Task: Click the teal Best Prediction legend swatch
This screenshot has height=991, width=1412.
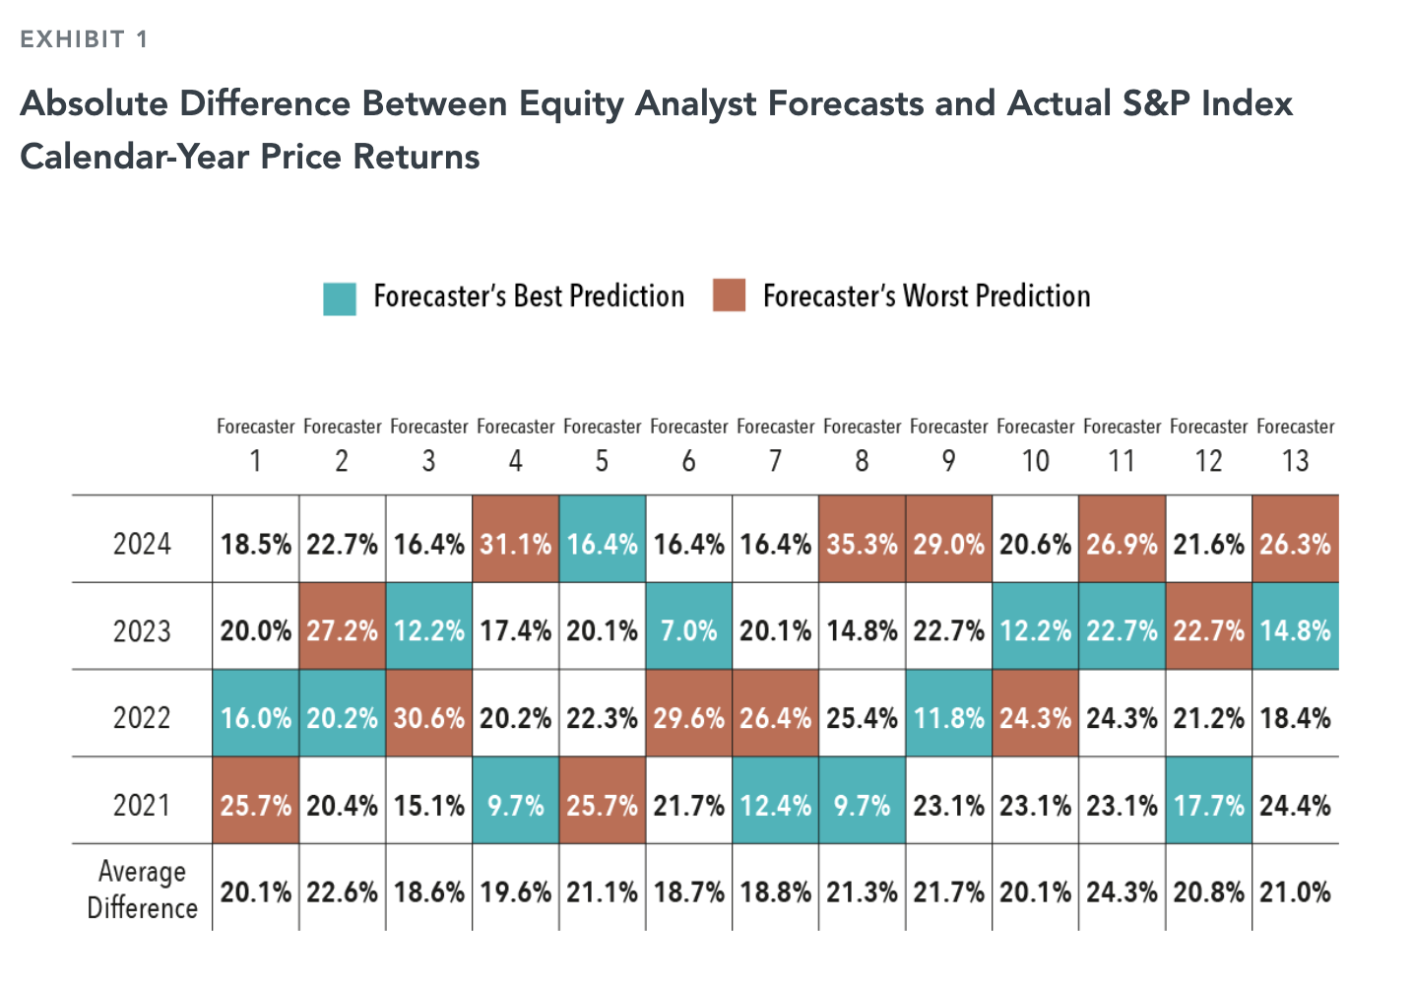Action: tap(340, 298)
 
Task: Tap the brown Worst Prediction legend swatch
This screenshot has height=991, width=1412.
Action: tap(730, 296)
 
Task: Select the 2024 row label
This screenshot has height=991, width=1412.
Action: tap(142, 544)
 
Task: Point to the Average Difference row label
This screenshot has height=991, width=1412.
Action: tap(142, 890)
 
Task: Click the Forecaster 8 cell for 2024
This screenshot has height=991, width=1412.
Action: tap(862, 544)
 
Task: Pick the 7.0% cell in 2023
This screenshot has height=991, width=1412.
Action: tap(688, 630)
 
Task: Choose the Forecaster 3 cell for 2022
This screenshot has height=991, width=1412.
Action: tap(428, 717)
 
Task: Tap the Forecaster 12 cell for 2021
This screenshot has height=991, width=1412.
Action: tap(1208, 805)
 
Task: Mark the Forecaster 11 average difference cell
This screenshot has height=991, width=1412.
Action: tap(1122, 892)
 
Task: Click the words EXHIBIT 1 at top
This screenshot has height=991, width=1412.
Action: tap(84, 39)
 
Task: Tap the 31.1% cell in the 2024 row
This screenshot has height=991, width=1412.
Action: tap(515, 544)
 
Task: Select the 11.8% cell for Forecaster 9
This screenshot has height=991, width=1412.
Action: tap(948, 717)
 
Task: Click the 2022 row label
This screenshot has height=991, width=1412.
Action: tap(142, 717)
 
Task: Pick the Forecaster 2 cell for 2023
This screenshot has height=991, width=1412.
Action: tap(342, 630)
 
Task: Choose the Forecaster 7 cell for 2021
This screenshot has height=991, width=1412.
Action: tap(775, 805)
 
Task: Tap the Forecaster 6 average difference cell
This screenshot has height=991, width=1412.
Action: tap(688, 892)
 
